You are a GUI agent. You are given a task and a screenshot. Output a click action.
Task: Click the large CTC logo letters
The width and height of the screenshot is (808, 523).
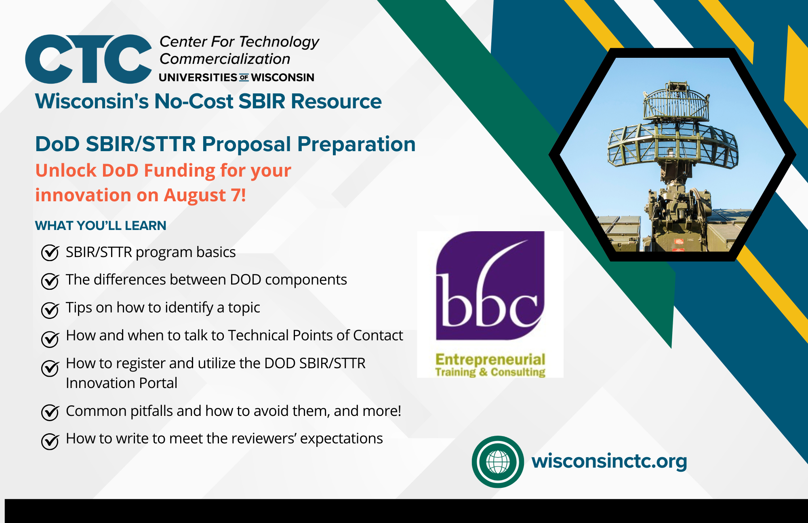coord(88,59)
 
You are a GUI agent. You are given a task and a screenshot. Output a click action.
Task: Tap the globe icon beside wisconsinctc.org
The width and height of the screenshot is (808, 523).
coord(498,462)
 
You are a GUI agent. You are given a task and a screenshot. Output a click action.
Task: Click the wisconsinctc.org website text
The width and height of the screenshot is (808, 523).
coord(609,461)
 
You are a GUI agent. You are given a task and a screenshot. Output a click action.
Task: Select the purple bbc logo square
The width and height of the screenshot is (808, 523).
coord(490,285)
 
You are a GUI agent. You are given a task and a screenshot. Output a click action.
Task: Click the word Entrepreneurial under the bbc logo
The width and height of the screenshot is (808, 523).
coord(490,359)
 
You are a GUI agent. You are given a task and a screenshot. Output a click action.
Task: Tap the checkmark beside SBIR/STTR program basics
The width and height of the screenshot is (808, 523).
coord(50,253)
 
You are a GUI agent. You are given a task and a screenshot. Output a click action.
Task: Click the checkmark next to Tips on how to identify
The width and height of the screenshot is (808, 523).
coord(50,310)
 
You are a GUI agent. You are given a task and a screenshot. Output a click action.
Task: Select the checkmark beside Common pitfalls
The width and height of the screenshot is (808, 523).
coord(50,412)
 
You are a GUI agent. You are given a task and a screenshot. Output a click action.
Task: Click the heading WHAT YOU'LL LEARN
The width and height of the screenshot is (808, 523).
coord(101,226)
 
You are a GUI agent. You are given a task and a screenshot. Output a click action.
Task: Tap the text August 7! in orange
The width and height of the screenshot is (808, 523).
coord(205,195)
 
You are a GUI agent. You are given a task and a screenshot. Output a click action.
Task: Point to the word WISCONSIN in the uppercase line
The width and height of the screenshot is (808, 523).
coord(283,77)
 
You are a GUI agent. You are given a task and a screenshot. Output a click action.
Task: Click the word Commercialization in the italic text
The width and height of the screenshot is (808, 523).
coord(225,59)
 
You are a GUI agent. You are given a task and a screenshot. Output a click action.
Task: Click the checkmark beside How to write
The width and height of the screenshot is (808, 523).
coord(50,441)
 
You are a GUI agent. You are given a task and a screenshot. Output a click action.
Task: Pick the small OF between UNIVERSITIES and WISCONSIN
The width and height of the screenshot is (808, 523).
coord(244,77)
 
